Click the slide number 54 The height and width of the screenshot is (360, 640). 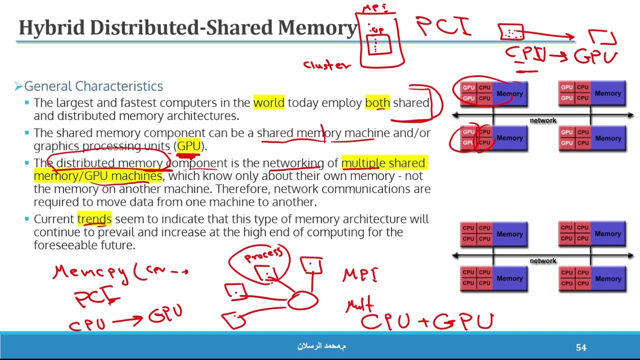(x=581, y=347)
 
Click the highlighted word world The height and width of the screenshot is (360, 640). (x=268, y=103)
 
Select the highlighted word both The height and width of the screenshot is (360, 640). (x=377, y=103)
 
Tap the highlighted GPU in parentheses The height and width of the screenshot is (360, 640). (x=188, y=146)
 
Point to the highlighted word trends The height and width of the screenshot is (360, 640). (x=94, y=219)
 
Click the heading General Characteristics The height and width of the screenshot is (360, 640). (x=93, y=86)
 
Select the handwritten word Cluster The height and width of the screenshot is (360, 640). (x=326, y=65)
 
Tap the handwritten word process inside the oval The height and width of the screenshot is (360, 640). (x=263, y=254)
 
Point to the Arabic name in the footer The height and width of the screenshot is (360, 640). (x=321, y=346)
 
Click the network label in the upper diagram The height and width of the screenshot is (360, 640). (x=542, y=120)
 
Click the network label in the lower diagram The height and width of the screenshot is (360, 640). (x=542, y=261)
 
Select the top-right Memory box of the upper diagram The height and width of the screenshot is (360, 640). (x=607, y=93)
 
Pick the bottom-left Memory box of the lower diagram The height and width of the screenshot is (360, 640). (x=509, y=278)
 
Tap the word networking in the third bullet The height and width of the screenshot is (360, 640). (x=293, y=163)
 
